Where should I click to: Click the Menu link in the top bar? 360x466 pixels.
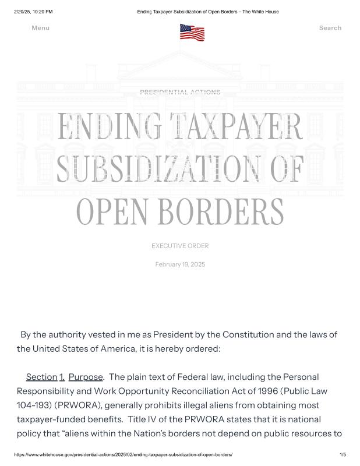[40, 28]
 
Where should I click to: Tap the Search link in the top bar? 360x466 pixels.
[330, 28]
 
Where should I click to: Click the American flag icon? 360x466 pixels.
[192, 32]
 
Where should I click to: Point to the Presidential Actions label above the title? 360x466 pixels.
[180, 92]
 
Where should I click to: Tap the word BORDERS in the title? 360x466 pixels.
[226, 210]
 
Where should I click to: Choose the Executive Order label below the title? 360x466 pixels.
[180, 246]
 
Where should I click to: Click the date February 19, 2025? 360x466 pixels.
[180, 265]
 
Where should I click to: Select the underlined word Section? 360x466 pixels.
[41, 377]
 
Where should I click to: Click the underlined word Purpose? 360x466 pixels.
[86, 377]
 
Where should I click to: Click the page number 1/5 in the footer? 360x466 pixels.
[343, 454]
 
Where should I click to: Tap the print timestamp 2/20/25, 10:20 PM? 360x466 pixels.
[33, 12]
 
